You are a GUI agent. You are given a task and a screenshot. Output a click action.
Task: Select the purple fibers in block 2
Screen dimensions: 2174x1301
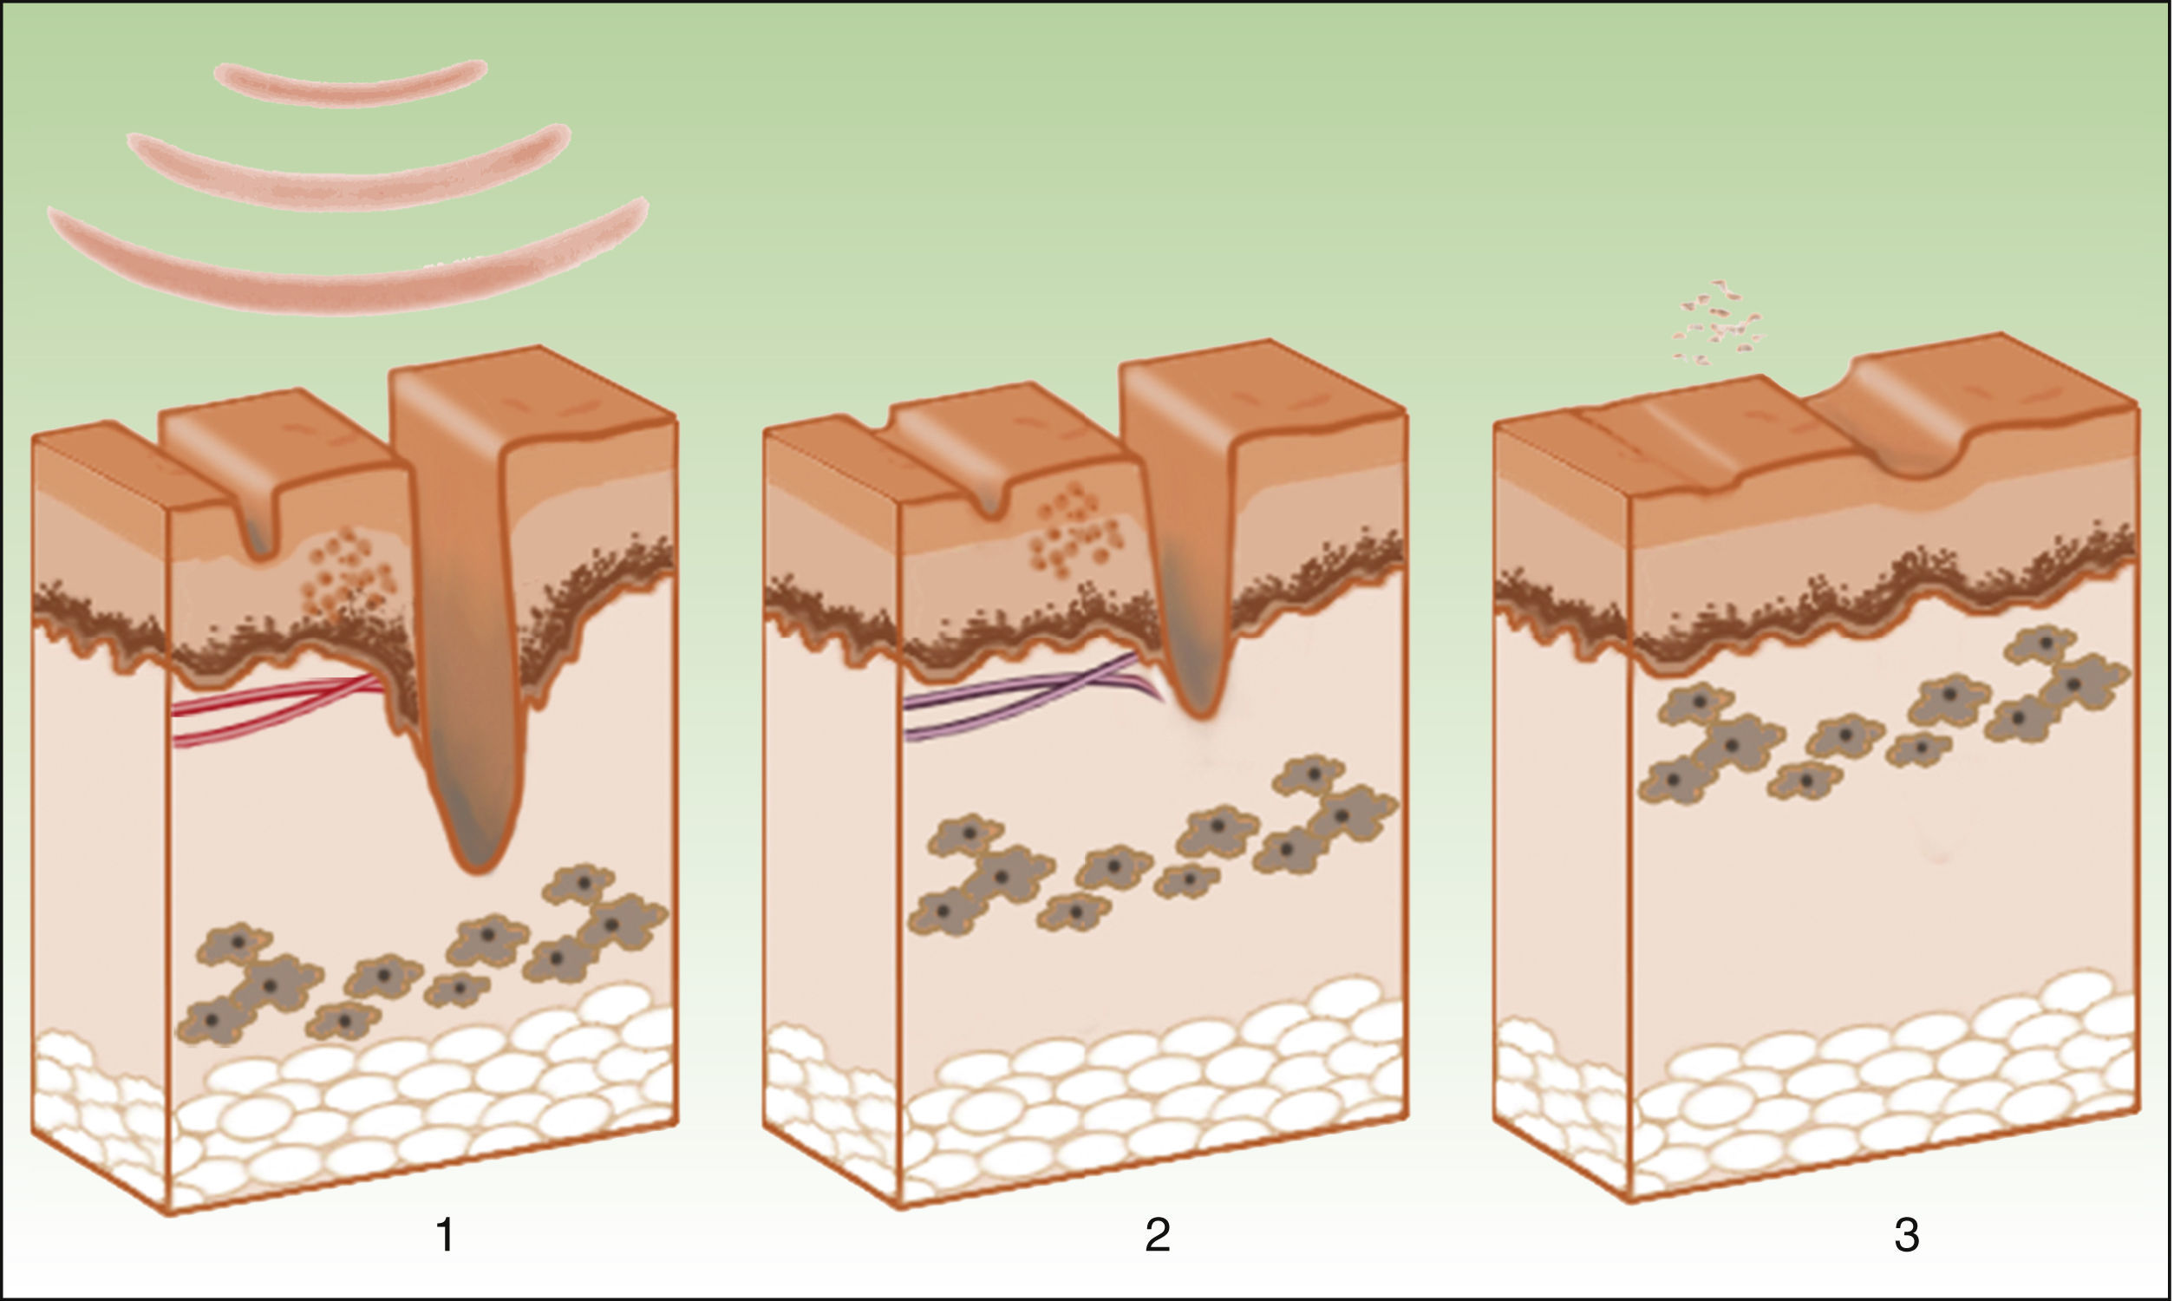point(1008,702)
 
